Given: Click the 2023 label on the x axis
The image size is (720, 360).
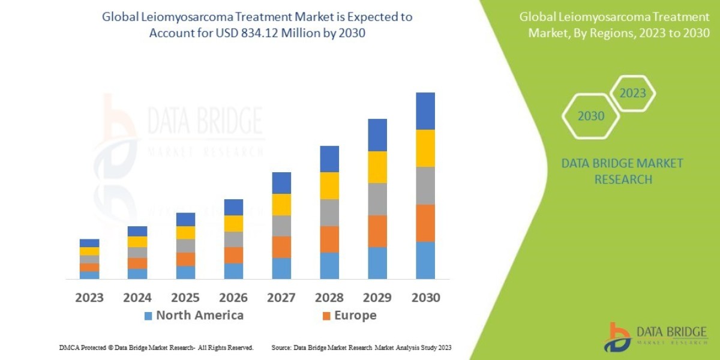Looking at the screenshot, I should click(89, 297).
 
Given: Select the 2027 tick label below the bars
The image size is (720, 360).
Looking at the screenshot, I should click(281, 297).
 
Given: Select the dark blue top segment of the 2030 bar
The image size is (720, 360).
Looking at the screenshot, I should click(425, 111).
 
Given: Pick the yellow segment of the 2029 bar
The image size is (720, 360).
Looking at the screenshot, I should click(377, 167).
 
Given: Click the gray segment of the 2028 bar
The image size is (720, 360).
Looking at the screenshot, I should click(329, 212).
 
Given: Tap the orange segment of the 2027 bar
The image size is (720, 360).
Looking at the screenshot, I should click(281, 247).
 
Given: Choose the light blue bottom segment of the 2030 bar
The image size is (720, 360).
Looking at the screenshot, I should click(425, 260).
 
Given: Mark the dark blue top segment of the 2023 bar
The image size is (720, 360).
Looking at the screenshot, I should click(89, 243).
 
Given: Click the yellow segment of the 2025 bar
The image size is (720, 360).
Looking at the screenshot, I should click(185, 233).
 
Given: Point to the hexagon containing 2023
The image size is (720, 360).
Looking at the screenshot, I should click(632, 94).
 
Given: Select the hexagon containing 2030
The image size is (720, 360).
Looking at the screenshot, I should click(591, 116).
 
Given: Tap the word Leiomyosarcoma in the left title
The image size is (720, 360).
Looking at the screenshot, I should click(185, 17).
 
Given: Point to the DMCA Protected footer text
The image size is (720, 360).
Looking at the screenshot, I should click(156, 347).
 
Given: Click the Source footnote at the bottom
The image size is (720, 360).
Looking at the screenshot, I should click(361, 347).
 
